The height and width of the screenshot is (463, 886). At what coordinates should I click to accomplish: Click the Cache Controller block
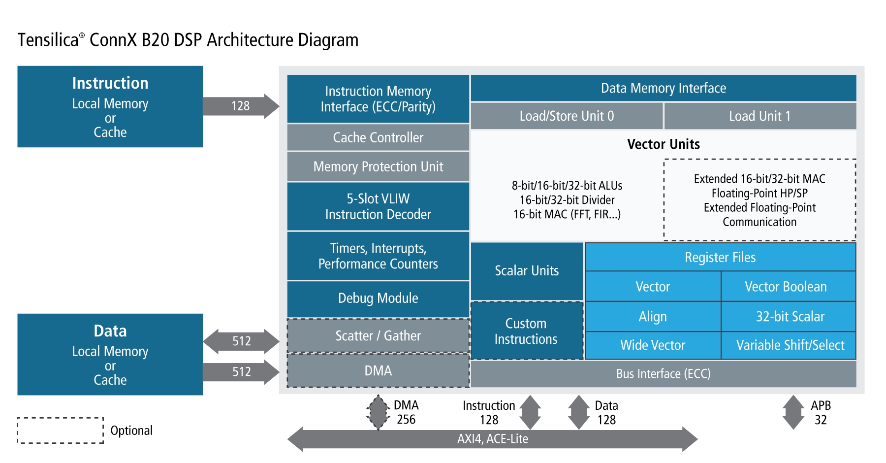[378, 137]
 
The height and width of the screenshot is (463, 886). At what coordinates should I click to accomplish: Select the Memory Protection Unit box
[378, 166]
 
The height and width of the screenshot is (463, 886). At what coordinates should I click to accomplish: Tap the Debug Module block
[378, 298]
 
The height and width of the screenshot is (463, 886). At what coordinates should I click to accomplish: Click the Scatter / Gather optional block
[378, 336]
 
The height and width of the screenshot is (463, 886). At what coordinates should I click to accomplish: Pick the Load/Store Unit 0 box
[567, 116]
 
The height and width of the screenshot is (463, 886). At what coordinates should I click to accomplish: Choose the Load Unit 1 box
[760, 116]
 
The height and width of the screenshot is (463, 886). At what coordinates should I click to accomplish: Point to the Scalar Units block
[527, 271]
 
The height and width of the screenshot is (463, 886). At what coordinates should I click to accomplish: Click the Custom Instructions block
[527, 331]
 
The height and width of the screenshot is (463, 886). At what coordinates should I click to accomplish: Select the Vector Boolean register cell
[788, 287]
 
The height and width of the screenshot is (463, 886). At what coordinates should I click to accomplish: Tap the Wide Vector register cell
[653, 345]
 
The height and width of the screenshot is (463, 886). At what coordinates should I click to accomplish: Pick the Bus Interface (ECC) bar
[663, 374]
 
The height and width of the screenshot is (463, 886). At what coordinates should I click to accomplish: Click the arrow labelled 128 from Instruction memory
[241, 106]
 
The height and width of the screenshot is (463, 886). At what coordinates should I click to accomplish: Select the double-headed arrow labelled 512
[241, 341]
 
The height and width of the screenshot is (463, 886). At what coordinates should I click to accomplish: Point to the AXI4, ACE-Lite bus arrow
[492, 439]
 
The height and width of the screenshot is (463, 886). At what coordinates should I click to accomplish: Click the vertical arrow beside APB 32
[793, 412]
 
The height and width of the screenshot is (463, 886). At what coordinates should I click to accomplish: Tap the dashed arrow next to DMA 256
[378, 412]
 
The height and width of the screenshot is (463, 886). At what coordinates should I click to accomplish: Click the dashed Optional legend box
[60, 430]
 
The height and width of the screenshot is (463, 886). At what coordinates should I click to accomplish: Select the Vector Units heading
[663, 144]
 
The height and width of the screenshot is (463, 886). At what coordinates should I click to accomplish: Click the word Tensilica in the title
[48, 40]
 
